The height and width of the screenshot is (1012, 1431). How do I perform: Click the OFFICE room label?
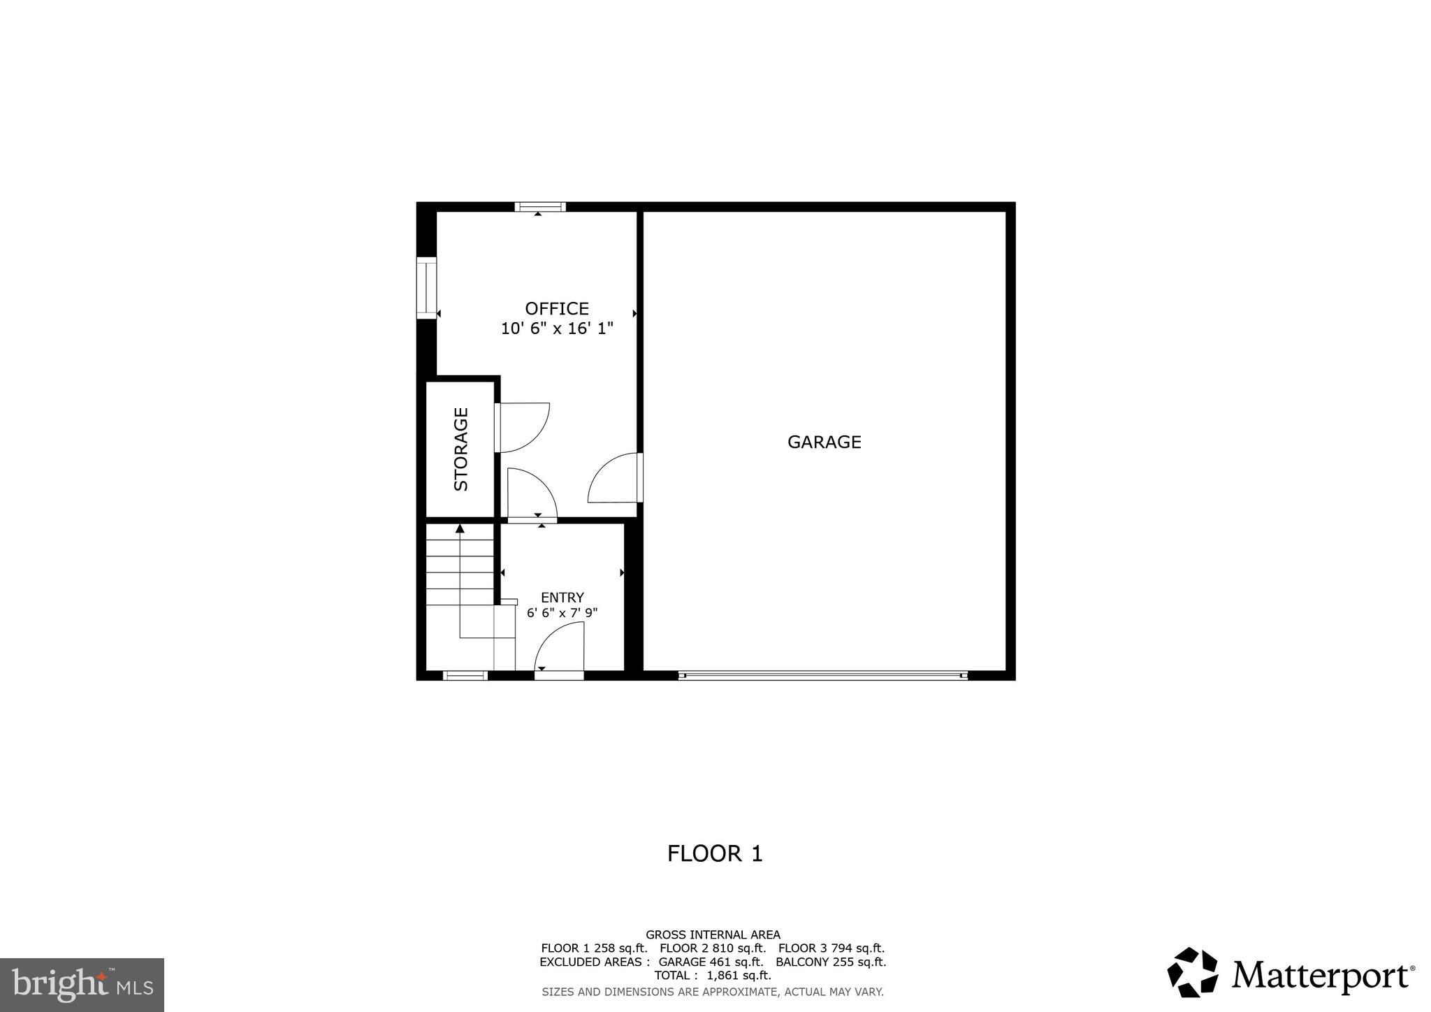pyautogui.click(x=557, y=308)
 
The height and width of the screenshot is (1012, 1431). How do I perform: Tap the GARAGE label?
pyautogui.click(x=824, y=442)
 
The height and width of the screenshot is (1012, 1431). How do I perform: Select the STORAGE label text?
pyautogui.click(x=461, y=449)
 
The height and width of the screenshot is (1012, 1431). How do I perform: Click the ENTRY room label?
pyautogui.click(x=562, y=598)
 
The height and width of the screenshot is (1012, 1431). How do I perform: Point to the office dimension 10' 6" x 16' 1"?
pyautogui.click(x=557, y=328)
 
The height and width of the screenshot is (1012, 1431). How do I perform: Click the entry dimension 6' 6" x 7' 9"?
pyautogui.click(x=562, y=613)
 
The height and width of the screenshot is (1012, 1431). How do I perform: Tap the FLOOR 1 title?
pyautogui.click(x=714, y=853)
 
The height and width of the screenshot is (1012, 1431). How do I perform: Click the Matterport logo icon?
pyautogui.click(x=1192, y=972)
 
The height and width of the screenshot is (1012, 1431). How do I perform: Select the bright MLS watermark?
pyautogui.click(x=82, y=985)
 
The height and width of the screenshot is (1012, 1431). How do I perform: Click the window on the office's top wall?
pyautogui.click(x=539, y=207)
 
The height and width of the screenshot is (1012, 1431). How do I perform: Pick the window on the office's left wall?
pyautogui.click(x=426, y=288)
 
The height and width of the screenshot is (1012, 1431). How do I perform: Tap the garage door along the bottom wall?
pyautogui.click(x=822, y=675)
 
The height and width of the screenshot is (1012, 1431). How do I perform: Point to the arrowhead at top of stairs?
pyautogui.click(x=460, y=528)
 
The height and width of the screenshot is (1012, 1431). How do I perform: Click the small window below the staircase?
pyautogui.click(x=465, y=675)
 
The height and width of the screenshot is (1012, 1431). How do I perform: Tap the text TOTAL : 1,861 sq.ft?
pyautogui.click(x=713, y=975)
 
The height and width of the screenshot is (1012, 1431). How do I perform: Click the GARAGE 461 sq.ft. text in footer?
pyautogui.click(x=711, y=962)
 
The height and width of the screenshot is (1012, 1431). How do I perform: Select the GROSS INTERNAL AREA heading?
pyautogui.click(x=713, y=934)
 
